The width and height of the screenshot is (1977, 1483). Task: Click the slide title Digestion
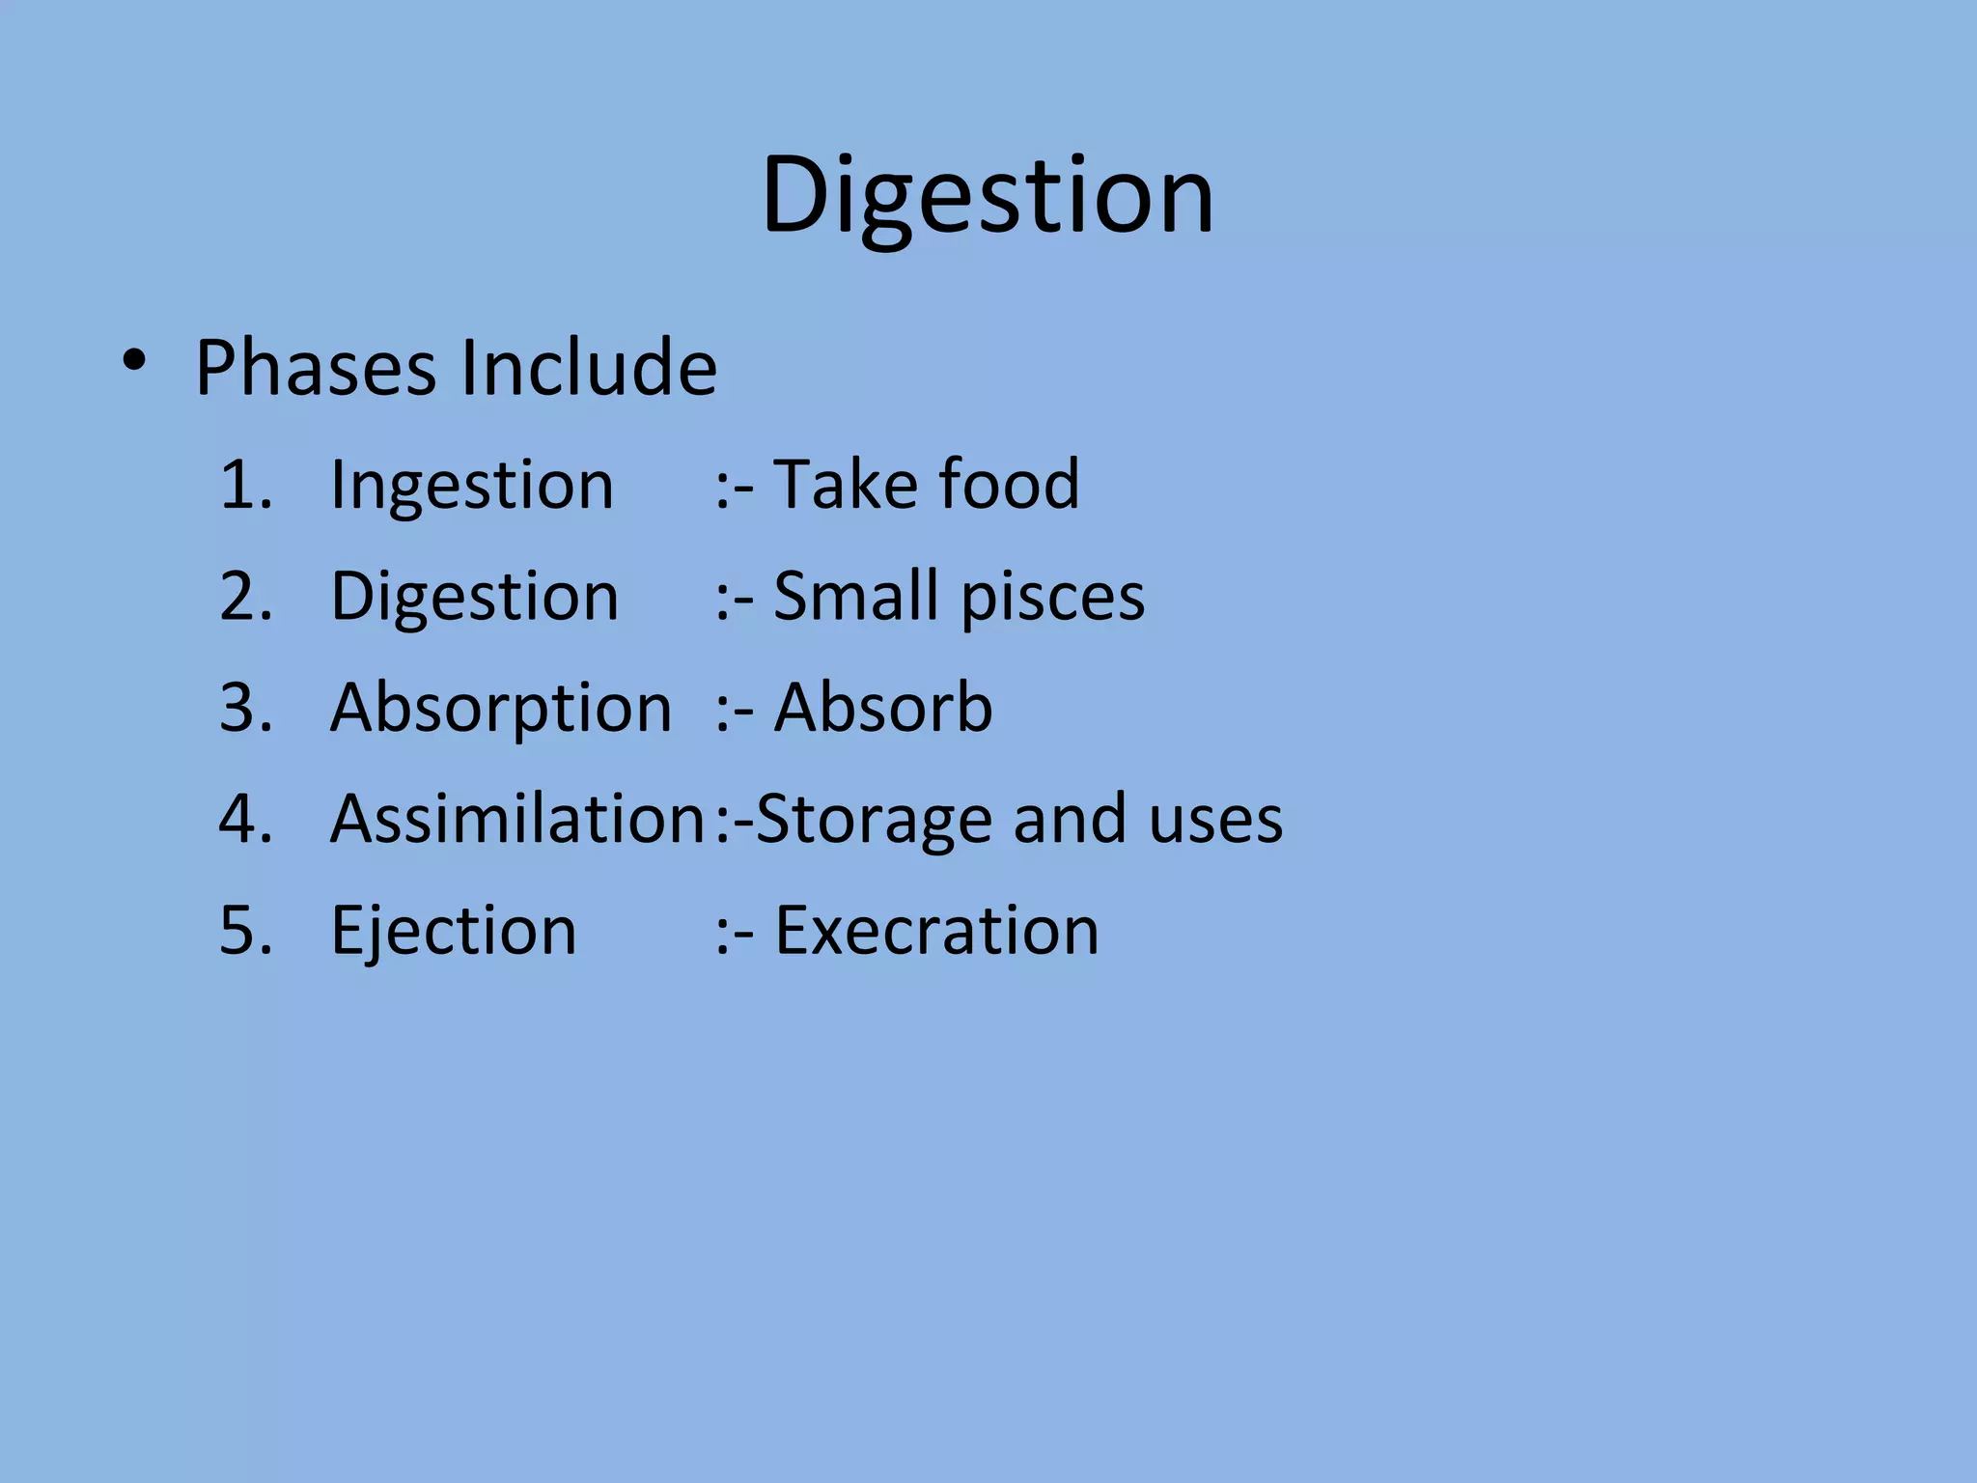pos(988,196)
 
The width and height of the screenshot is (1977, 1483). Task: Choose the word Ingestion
pos(472,486)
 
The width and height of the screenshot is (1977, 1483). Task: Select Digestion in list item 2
pos(474,597)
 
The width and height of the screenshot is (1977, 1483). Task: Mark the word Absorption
pos(501,709)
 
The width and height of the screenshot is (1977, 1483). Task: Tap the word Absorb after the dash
pos(883,707)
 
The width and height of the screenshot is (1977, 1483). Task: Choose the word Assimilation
pos(517,819)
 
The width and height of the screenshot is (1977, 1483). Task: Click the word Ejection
pos(454,932)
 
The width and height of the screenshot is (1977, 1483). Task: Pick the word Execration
pos(936,931)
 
